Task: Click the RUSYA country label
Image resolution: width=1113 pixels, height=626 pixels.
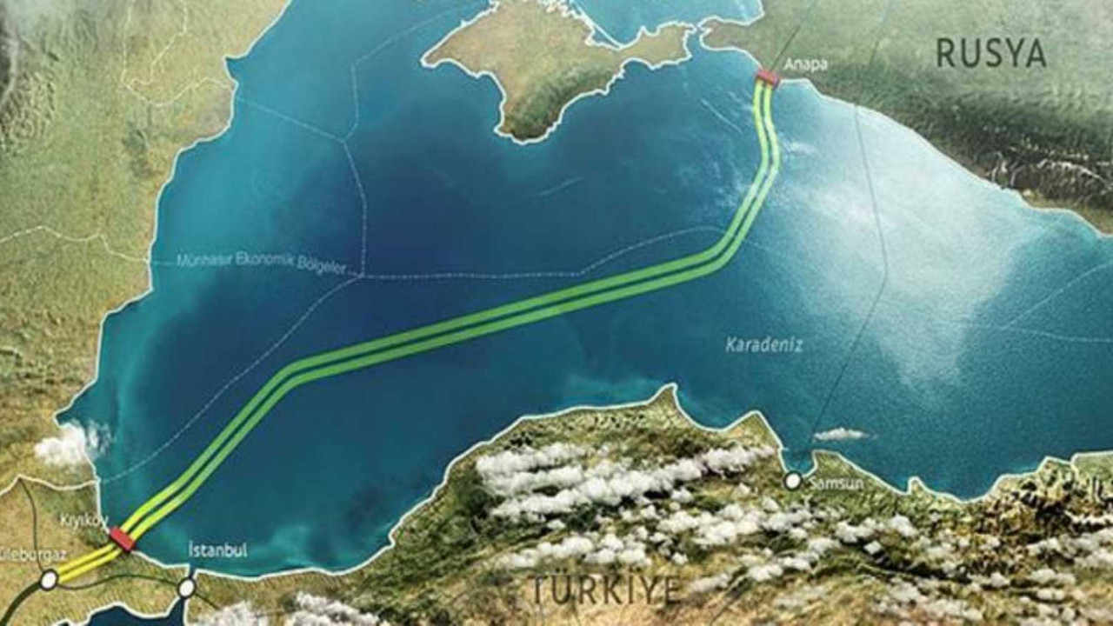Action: [x=990, y=54]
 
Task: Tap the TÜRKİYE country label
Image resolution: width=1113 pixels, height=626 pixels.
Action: [x=607, y=589]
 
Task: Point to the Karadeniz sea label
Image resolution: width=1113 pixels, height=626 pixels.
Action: [x=764, y=345]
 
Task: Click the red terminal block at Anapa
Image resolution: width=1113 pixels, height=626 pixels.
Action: [x=768, y=78]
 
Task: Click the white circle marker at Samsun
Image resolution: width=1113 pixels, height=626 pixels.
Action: [x=792, y=480]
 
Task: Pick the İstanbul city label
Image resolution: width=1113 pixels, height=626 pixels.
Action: [x=217, y=549]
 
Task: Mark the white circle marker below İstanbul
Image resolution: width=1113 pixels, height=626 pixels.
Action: [x=186, y=588]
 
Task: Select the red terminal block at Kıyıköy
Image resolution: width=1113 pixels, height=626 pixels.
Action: [x=122, y=540]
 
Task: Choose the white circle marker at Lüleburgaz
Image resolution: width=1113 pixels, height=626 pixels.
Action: [x=49, y=577]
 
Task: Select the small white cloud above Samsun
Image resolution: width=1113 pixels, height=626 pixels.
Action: [x=840, y=434]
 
